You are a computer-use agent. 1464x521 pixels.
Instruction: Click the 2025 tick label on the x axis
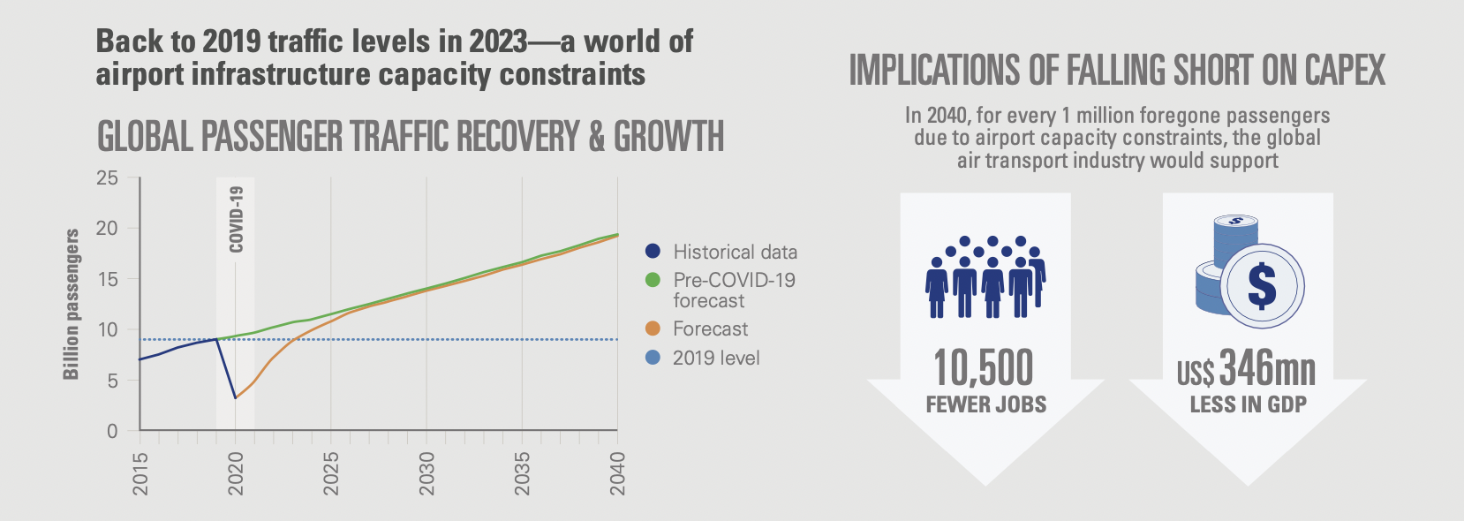coord(331,472)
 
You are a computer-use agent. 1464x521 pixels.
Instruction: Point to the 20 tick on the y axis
coord(107,228)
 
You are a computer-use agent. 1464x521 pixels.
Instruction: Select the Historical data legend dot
coord(653,252)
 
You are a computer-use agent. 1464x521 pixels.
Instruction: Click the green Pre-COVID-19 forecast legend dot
coord(653,280)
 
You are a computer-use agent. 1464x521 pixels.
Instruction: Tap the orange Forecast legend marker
coord(653,328)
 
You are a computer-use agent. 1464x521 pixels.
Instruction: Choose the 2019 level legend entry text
coord(716,358)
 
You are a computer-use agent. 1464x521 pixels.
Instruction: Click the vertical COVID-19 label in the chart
coord(236,219)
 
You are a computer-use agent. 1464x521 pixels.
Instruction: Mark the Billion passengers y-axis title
coord(72,305)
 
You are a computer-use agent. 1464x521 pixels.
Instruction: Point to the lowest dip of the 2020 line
coord(235,398)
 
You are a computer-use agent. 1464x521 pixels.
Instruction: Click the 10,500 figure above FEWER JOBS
coord(984,367)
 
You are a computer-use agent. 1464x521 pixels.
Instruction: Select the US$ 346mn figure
coord(1246,369)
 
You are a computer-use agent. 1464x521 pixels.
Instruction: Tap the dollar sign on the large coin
coord(1262,286)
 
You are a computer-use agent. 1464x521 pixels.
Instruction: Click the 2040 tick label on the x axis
coord(617,472)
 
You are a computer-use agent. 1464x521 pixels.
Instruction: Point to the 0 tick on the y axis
coord(112,431)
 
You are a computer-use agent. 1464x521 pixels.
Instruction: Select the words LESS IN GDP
coord(1248,404)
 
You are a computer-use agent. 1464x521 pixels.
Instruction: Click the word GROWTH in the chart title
coord(668,137)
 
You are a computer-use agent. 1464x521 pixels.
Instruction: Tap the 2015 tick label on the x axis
coord(140,472)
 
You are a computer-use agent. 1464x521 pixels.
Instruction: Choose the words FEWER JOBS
coord(985,404)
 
